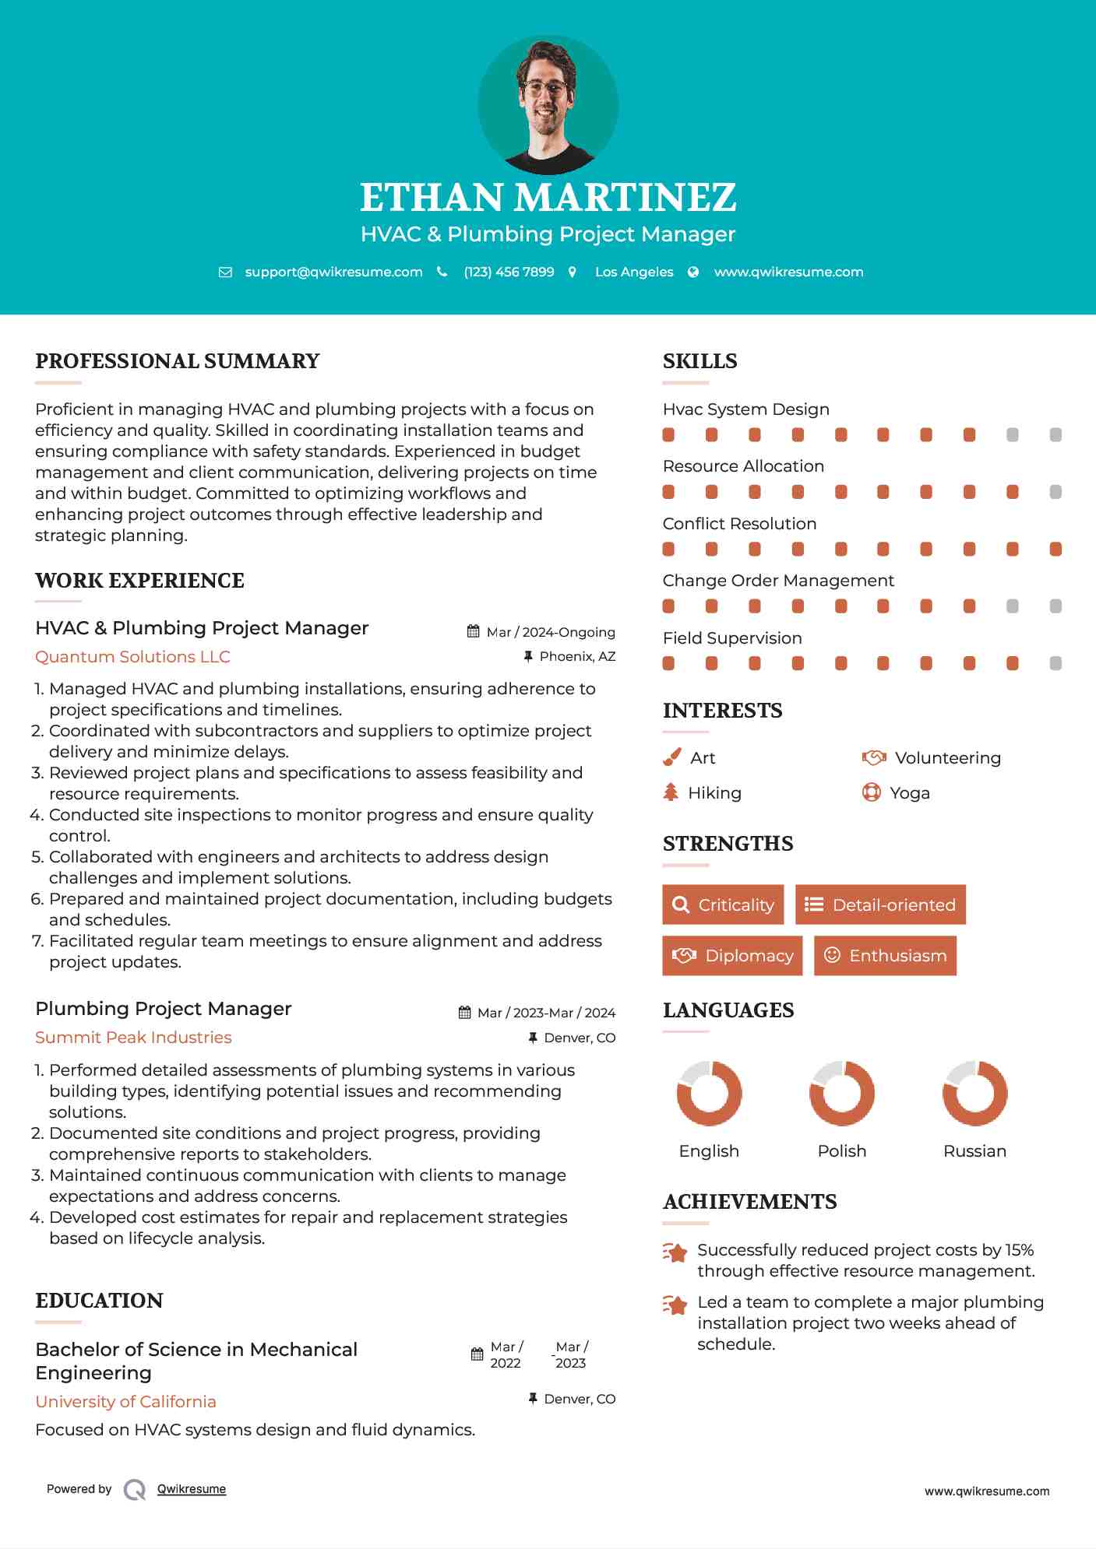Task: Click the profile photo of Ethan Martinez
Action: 548,104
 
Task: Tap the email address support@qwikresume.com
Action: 333,272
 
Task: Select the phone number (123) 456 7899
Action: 509,272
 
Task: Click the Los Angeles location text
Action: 634,272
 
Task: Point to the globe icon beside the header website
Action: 693,272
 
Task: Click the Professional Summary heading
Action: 178,361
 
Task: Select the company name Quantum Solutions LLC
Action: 132,657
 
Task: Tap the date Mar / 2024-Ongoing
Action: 550,632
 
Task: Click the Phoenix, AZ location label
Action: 577,656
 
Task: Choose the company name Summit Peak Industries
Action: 133,1038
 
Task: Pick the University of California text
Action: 125,1402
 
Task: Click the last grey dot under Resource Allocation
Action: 1055,492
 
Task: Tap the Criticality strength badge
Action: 723,904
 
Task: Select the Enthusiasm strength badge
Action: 885,956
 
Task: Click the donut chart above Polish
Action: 842,1093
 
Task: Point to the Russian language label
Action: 974,1151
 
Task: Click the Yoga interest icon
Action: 871,792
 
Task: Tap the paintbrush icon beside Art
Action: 671,757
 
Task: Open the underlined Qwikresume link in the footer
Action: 192,1489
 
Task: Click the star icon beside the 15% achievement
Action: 675,1252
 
